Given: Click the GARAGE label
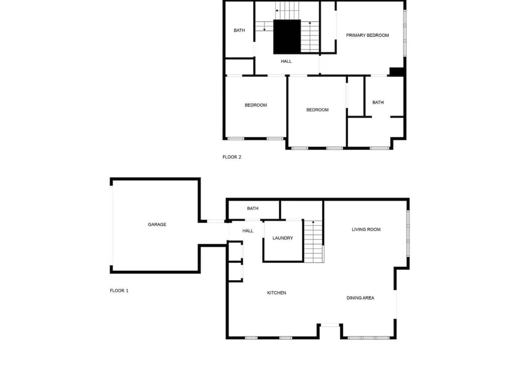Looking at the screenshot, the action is coord(157,225).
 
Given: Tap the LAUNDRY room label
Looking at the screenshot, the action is coord(283,238).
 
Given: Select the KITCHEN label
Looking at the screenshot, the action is coord(276,293).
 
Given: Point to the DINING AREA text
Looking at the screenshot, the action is coord(360,298).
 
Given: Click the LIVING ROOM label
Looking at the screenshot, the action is coord(366,229).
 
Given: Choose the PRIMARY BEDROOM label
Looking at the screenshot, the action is coord(367,35).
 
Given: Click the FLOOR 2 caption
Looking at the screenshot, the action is coord(232,157).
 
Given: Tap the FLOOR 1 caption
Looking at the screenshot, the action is coord(119,291).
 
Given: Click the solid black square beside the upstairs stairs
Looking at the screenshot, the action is coord(287,37).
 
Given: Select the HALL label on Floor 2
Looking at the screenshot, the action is coord(286,61).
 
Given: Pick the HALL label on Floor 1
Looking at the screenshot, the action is coord(248,231).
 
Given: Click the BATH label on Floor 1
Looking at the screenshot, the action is coord(253,208).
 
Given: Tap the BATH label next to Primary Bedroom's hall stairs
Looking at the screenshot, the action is coord(239,30).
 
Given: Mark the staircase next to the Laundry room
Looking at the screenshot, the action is coord(314,241).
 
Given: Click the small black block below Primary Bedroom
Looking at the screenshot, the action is coord(396,71).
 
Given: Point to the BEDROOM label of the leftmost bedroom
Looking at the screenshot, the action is coord(255,105).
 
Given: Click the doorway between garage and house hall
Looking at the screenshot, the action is coord(216,221).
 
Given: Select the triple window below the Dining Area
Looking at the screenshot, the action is coord(368,338).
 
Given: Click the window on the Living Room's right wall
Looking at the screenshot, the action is coord(408,233).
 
